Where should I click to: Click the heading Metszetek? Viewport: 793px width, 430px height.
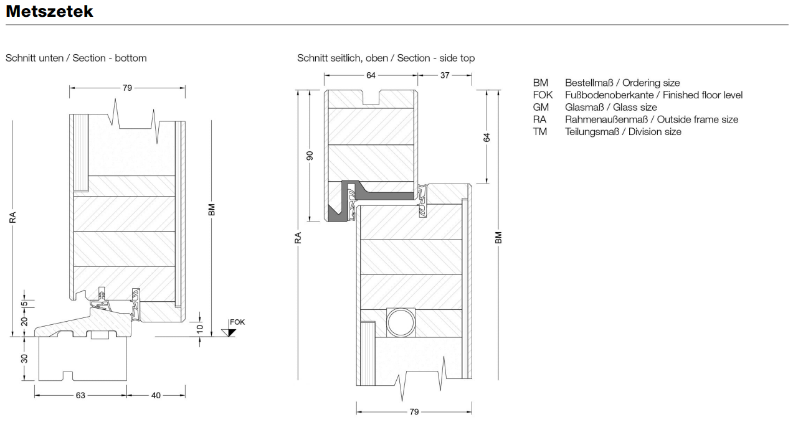[x=50, y=11]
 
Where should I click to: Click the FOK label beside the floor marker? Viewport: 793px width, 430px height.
[x=237, y=322]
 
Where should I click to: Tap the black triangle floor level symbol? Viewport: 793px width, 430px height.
[x=230, y=333]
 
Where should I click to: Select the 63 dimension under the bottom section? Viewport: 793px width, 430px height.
[x=80, y=395]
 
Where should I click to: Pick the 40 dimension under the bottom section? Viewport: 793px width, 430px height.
[x=156, y=395]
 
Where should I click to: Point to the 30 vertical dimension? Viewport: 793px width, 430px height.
[x=24, y=358]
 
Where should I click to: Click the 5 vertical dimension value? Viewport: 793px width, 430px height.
[x=24, y=304]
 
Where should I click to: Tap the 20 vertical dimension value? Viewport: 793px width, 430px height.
[x=24, y=321]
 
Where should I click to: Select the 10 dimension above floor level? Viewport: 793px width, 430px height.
[x=200, y=329]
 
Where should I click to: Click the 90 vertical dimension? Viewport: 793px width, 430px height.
[x=310, y=156]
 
